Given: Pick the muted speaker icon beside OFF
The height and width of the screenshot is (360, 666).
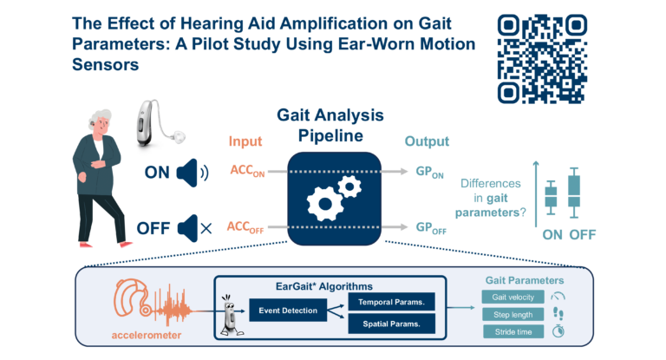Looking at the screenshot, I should click(x=193, y=229).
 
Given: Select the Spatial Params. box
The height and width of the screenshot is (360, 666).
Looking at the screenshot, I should click(x=391, y=324).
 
